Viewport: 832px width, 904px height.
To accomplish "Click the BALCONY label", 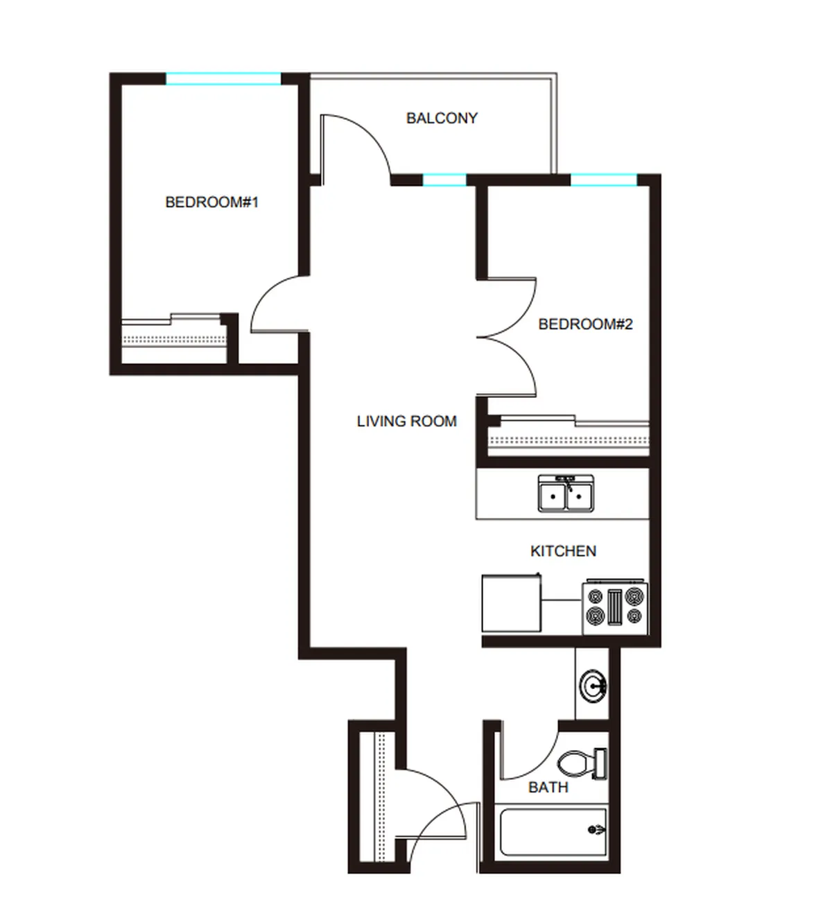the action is pos(442,119).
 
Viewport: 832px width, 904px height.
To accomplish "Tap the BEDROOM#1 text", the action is pos(212,202).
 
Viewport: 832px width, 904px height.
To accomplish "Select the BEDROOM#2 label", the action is pos(585,324).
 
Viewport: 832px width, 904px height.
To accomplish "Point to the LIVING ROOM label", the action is pos(407,421).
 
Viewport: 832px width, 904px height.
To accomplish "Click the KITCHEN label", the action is pos(564,551).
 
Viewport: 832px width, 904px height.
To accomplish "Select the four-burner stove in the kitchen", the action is pos(615,607).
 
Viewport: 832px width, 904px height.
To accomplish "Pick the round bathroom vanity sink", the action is pos(593,686).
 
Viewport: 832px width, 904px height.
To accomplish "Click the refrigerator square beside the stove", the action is pos(512,603).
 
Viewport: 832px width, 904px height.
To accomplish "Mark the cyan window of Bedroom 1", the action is pos(223,78).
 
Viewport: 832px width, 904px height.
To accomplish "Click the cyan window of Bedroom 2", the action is pos(604,180).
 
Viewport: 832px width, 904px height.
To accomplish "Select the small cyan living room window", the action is pos(444,180).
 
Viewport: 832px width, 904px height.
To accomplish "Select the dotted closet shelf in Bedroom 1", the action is pos(174,340).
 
